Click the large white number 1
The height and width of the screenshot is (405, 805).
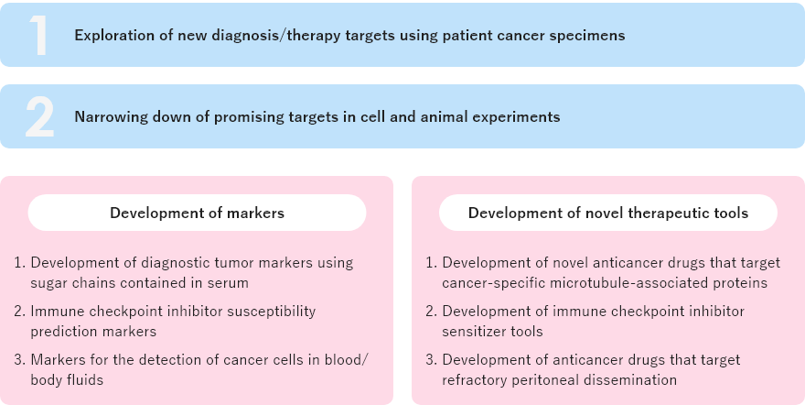(38, 35)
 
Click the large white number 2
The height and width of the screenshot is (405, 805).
(40, 116)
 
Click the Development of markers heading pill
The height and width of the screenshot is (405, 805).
(198, 213)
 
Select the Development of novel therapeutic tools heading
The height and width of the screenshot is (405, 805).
(607, 213)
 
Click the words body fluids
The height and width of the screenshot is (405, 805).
(67, 380)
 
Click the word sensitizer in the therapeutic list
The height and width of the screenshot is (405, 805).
(472, 332)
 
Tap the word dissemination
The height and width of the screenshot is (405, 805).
(635, 380)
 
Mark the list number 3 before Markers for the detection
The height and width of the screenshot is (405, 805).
(19, 360)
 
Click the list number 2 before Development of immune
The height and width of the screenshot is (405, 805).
(431, 312)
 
